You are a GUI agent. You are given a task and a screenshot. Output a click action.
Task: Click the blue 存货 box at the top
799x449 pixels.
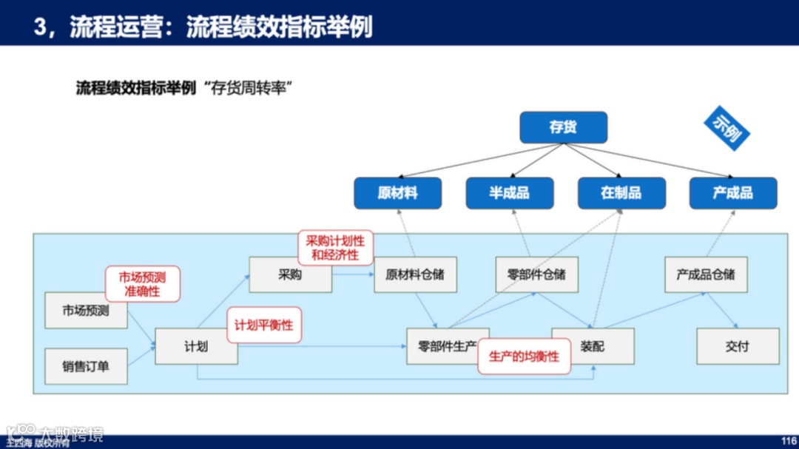click(563, 127)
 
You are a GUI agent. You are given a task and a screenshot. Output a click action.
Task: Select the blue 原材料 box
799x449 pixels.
click(397, 193)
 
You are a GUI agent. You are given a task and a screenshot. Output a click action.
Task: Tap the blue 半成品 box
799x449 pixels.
click(509, 193)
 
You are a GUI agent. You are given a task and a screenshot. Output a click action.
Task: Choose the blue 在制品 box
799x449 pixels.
click(621, 193)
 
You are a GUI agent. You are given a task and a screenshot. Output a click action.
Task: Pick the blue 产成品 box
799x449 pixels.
click(732, 193)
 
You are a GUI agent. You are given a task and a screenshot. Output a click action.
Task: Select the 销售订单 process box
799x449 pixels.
click(86, 365)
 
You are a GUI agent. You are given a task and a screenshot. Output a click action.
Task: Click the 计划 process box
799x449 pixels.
click(196, 346)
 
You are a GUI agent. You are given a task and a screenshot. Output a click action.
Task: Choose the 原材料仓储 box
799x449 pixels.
click(415, 274)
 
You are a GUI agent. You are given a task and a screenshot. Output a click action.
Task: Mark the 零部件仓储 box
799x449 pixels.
click(536, 274)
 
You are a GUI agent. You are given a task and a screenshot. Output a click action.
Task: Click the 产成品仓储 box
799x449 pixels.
click(706, 274)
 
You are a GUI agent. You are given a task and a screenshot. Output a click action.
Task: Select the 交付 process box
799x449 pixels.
click(738, 346)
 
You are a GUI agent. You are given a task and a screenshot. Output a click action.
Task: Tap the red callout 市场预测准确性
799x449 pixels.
click(143, 285)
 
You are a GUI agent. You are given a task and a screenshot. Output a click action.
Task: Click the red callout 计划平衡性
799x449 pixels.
click(264, 325)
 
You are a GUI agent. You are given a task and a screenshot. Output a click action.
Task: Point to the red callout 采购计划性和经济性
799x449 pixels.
click(335, 247)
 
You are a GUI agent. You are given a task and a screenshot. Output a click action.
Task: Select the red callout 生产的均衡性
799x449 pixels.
click(524, 357)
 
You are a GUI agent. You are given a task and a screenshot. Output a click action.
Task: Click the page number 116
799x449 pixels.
click(789, 441)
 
